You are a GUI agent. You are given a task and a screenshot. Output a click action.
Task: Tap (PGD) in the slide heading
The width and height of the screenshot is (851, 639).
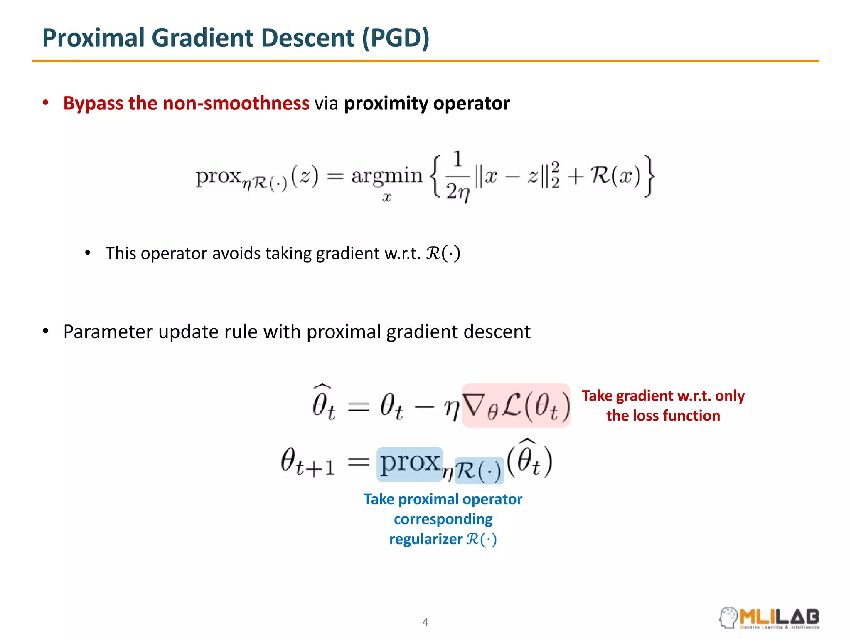coord(395,38)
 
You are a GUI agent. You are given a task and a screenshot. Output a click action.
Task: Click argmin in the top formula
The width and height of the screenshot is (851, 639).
coord(386,176)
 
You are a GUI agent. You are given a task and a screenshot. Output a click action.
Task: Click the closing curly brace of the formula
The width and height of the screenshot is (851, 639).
coord(649,176)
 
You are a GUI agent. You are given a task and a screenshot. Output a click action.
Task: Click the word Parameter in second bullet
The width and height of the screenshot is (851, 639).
coord(108,332)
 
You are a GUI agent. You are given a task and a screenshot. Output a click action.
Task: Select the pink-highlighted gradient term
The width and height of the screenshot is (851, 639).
coord(516,405)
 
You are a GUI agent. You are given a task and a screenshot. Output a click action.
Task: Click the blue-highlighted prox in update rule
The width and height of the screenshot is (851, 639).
coord(410,464)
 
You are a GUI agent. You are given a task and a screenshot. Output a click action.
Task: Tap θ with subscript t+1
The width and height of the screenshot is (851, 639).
coord(307,463)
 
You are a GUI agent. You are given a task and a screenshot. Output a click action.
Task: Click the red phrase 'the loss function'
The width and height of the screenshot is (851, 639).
coord(663,416)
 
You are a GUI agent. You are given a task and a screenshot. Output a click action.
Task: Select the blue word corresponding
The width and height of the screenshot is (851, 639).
coord(443,519)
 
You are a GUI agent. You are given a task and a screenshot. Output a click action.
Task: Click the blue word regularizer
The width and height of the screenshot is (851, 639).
coord(425,539)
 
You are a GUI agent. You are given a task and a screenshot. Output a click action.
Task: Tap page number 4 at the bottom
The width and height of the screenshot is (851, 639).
coord(425,622)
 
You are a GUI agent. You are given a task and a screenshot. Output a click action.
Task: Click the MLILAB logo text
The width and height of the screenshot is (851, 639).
coord(779,616)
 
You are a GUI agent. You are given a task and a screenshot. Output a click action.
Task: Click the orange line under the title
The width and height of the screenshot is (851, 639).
coord(425,61)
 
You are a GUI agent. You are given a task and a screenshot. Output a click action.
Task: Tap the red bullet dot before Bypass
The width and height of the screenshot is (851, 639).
coord(46,103)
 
